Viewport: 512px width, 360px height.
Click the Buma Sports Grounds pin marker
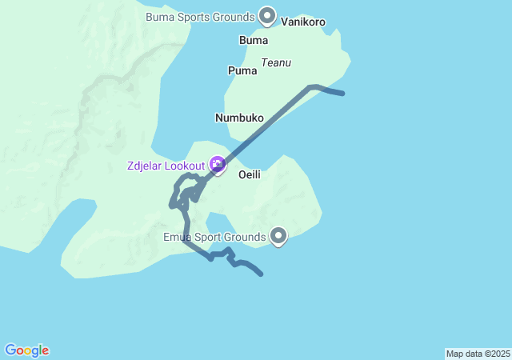point(267,16)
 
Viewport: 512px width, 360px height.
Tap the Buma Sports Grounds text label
point(200,17)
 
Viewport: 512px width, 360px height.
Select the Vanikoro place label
point(303,22)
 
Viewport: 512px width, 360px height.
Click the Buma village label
point(254,40)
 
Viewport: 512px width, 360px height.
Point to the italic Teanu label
point(276,62)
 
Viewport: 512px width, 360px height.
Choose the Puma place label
point(242,70)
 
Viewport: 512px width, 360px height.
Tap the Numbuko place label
point(239,118)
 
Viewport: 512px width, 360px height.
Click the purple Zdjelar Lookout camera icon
point(218,165)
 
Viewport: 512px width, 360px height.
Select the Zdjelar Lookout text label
point(166,166)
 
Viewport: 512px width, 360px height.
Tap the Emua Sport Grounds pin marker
point(278,236)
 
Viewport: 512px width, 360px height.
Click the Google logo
point(26,350)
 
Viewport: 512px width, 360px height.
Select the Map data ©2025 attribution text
point(478,354)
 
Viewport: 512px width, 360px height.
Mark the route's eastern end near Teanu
point(343,94)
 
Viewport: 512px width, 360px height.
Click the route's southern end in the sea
point(262,275)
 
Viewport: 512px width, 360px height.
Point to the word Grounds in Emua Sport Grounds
point(246,237)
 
